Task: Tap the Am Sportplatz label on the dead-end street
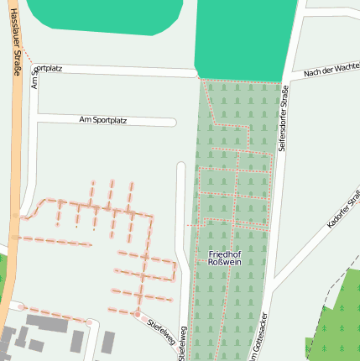click(102, 120)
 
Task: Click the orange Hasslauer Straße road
click(16, 168)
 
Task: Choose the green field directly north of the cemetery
click(246, 38)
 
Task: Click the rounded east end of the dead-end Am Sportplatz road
click(173, 122)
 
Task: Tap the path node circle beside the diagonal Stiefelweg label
click(136, 314)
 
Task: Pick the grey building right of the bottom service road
click(107, 343)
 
